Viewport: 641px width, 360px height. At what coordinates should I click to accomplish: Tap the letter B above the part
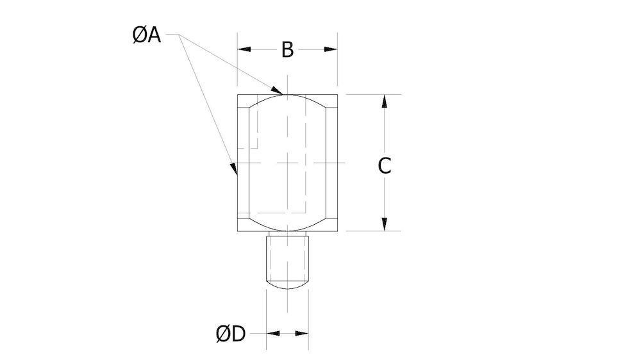(x=288, y=50)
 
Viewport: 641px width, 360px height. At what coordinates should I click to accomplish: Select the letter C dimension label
(x=384, y=166)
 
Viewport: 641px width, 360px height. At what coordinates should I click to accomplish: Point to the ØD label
(x=231, y=334)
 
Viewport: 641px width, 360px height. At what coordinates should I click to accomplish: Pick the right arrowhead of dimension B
(x=332, y=49)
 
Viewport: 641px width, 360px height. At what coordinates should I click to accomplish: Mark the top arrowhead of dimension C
(x=384, y=101)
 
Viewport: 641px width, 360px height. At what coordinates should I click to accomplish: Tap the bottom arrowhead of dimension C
(x=384, y=224)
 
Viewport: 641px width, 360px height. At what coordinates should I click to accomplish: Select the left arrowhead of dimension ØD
(x=272, y=334)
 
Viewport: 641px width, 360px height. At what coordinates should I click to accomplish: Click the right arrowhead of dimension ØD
(x=303, y=334)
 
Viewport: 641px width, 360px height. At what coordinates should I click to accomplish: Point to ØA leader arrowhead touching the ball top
(x=278, y=90)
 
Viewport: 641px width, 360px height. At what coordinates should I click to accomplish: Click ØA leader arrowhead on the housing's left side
(x=235, y=170)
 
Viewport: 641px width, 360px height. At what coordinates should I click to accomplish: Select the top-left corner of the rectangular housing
(x=238, y=95)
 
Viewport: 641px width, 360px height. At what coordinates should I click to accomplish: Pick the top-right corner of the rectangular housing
(x=338, y=95)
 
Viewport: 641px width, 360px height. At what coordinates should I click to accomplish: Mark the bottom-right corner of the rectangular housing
(x=338, y=231)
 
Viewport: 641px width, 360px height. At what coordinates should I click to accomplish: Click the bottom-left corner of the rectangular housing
(x=238, y=231)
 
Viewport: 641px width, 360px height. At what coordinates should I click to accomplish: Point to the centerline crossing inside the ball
(x=288, y=163)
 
